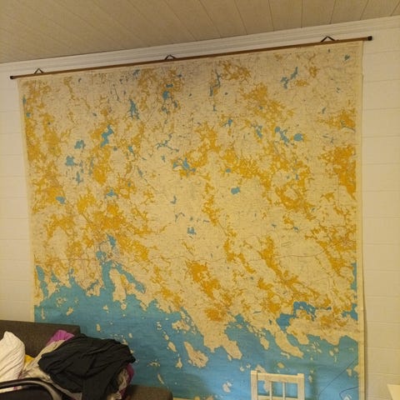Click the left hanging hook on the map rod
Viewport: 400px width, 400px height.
pos(37,71)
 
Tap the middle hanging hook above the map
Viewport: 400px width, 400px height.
pos(170,57)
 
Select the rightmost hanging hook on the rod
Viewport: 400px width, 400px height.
pos(327,38)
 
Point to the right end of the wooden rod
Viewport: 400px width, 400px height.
pos(369,37)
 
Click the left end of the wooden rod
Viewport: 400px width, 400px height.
pos(12,77)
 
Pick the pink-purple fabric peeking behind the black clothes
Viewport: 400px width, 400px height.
pos(60,337)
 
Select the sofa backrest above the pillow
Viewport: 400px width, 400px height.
pos(25,329)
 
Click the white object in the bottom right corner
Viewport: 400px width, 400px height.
pos(393,392)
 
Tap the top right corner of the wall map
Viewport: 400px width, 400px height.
pos(360,43)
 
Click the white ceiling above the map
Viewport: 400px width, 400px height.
pos(167,21)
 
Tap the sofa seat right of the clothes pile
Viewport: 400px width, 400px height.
pos(150,392)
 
